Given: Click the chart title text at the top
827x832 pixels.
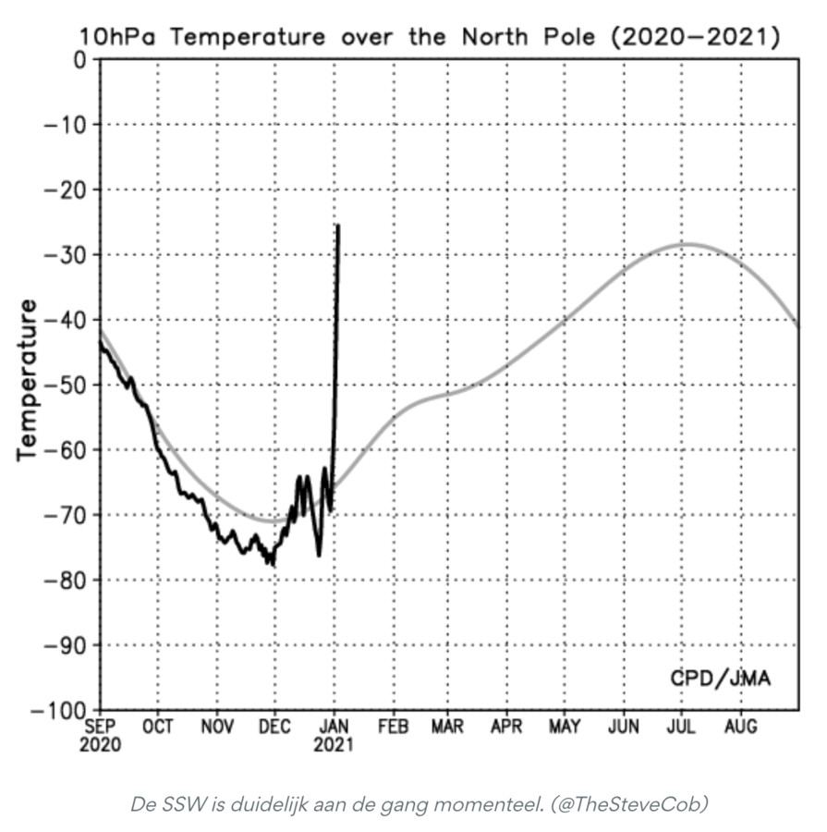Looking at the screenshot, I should (430, 38).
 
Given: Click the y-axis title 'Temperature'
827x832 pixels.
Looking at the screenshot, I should (27, 379).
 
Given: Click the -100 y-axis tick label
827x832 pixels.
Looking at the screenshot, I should (57, 710).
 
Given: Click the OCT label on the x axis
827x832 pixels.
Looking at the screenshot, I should (158, 727).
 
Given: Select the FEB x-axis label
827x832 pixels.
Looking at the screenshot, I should (393, 727).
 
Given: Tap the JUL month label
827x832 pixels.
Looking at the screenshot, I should (683, 727).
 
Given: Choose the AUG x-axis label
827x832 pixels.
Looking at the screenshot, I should (741, 727).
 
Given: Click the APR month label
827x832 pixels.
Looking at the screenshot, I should (507, 727).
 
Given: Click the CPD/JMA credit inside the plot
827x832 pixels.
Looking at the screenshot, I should (720, 679).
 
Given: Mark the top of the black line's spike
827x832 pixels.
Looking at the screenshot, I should (338, 226).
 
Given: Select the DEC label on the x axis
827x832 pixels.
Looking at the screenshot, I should (274, 727).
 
